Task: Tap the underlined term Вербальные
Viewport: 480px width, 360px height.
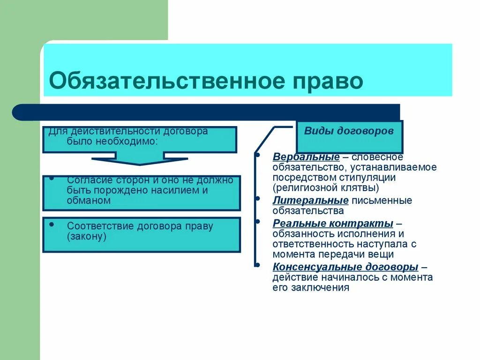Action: click(x=306, y=157)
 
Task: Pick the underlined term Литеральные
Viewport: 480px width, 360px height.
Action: click(x=310, y=200)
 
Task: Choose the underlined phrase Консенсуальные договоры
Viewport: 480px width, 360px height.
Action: click(x=345, y=267)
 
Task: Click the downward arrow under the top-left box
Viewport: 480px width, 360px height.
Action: click(x=139, y=160)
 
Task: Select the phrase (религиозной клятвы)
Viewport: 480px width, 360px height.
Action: click(x=326, y=188)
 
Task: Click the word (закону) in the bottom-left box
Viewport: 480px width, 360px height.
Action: click(x=87, y=237)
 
